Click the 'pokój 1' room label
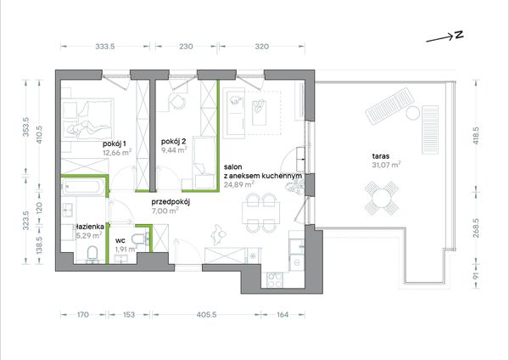[115, 143]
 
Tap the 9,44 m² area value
[174, 149]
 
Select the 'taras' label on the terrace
[381, 156]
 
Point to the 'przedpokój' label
[171, 202]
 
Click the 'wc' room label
[120, 241]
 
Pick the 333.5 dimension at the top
[105, 47]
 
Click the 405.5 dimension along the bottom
[206, 314]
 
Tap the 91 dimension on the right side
[476, 277]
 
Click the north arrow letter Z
[459, 35]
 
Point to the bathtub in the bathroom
[83, 187]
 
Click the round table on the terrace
[382, 198]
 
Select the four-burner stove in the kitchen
[275, 280]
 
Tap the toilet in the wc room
[139, 239]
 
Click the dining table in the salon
[260, 212]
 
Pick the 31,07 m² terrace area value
[386, 165]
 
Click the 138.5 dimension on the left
[39, 245]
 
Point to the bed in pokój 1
[88, 119]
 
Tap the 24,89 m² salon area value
[239, 184]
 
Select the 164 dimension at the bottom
[282, 314]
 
